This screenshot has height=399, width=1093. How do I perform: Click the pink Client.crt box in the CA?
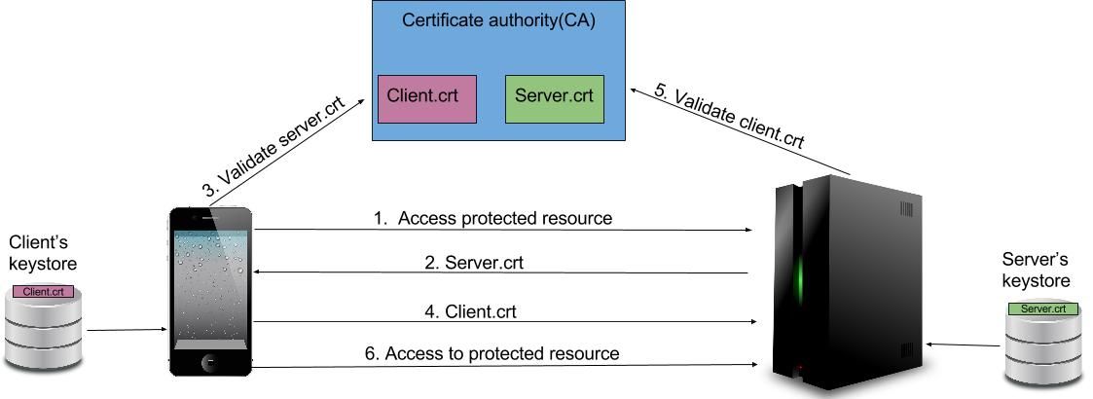pyautogui.click(x=427, y=98)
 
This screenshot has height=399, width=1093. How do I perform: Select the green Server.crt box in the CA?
pyautogui.click(x=554, y=98)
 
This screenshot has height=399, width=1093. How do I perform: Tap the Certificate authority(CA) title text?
pyautogui.click(x=498, y=20)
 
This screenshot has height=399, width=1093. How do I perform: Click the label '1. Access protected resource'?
pyautogui.click(x=492, y=218)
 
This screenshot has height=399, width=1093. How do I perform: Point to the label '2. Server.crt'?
pyautogui.click(x=480, y=263)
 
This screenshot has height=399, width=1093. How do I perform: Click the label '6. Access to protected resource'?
pyautogui.click(x=492, y=353)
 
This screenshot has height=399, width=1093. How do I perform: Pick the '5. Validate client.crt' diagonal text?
pyautogui.click(x=729, y=116)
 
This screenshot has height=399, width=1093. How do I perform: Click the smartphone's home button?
pyautogui.click(x=210, y=362)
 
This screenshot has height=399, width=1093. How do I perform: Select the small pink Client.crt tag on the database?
pyautogui.click(x=43, y=291)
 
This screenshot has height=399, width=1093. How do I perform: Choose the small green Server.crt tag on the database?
pyautogui.click(x=1042, y=308)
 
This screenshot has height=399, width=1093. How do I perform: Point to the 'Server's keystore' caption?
pyautogui.click(x=1036, y=270)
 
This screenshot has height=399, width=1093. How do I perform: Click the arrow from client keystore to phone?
pyautogui.click(x=127, y=330)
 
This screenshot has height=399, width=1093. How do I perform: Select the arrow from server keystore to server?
pyautogui.click(x=964, y=345)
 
